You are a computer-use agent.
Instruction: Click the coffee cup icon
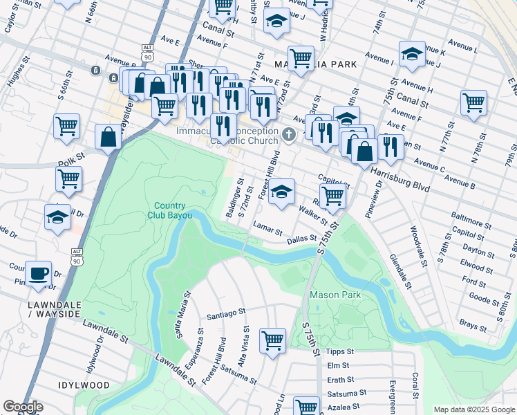coord(38,272)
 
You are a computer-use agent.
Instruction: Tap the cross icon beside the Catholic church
coord(290,134)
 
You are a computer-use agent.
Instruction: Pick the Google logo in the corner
coord(23,407)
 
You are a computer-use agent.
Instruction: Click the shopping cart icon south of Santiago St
coord(273,340)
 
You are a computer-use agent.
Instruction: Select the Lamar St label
coord(267,228)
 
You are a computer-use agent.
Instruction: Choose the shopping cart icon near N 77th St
coord(474,102)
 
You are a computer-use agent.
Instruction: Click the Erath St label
coord(340,380)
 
